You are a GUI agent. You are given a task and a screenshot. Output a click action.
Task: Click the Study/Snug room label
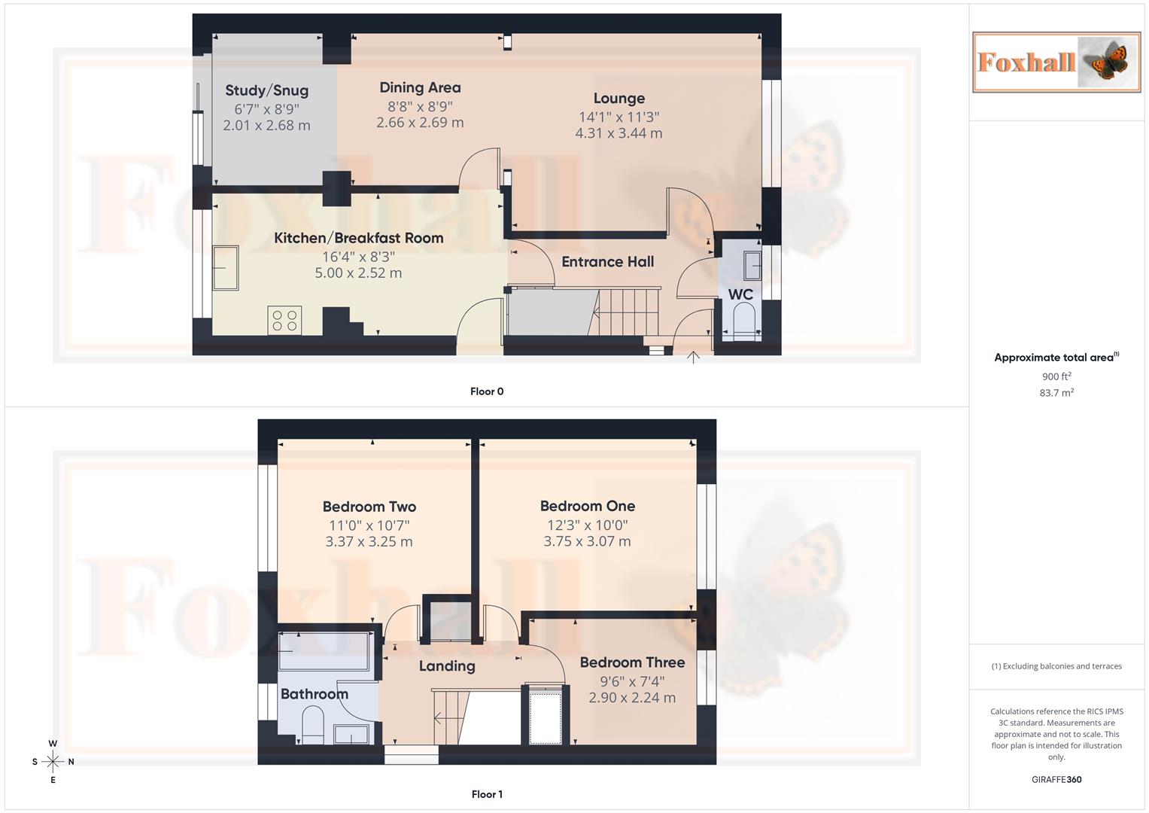pos(266,90)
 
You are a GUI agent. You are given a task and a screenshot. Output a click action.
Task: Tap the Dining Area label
pos(420,87)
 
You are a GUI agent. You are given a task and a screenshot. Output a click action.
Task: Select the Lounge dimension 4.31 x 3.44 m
pos(619,133)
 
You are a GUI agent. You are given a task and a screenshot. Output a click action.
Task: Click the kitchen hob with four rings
pos(284,320)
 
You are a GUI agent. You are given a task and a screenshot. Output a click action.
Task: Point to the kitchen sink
pos(226,268)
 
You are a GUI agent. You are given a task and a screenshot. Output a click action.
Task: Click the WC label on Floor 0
pos(740,294)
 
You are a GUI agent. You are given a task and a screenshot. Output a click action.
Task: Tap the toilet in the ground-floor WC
pos(742,319)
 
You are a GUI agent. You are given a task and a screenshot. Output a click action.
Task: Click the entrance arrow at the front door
pos(693,357)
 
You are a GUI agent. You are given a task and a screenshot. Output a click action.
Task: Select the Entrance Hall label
pos(607,262)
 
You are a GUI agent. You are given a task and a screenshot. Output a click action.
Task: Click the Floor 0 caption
pos(487,391)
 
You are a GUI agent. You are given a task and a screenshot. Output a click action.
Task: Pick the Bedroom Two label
pos(369,507)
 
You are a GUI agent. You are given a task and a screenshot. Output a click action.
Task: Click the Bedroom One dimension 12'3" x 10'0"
pos(587,525)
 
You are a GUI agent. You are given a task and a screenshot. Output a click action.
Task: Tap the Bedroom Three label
pos(632,662)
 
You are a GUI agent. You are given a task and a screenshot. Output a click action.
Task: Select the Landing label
pos(447,666)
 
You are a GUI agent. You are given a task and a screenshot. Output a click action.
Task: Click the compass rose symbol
pos(53,762)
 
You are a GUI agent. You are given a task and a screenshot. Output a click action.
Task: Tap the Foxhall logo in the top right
pos(1056,62)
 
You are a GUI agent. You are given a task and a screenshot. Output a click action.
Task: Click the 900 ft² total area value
pos(1056,376)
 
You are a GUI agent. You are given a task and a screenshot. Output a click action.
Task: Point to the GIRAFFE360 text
pos(1056,780)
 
